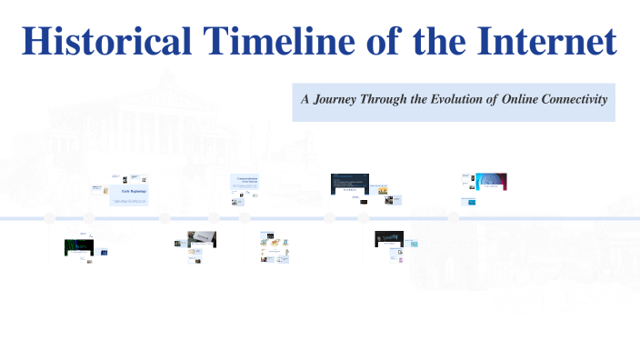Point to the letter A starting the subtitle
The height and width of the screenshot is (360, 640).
point(306,99)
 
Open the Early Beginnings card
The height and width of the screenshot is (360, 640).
point(130,195)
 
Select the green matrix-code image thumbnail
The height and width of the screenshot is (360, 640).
point(78,246)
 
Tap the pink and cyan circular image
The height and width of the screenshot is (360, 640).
point(491,181)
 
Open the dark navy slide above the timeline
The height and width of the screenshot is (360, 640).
point(349,183)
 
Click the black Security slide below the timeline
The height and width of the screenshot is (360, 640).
point(389,239)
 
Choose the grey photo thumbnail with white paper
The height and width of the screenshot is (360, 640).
point(202,238)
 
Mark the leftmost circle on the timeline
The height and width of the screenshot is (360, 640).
point(50,218)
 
